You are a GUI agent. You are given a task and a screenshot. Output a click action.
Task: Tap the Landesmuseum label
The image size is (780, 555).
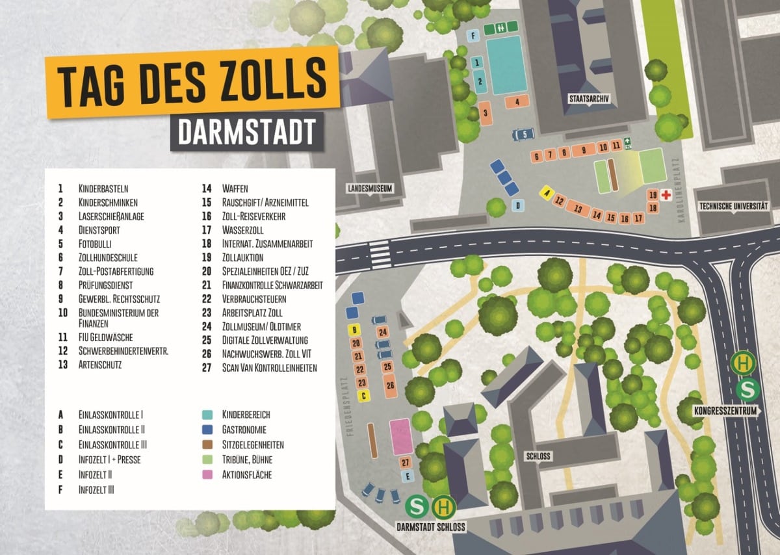pos(369,188)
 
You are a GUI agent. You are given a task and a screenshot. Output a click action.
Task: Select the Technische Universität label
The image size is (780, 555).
pos(733,206)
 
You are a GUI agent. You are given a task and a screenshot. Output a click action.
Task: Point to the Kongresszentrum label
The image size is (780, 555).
pos(726,411)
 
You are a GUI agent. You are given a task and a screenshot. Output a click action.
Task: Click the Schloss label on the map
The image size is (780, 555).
pos(538,456)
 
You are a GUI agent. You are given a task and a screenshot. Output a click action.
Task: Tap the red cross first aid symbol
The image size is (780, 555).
pos(666,194)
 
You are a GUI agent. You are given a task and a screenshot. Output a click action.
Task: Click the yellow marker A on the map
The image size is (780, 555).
pos(547,193)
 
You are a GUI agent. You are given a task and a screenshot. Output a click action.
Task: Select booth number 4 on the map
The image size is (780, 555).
pos(517,102)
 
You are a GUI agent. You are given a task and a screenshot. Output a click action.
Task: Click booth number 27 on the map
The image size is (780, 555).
pos(405,462)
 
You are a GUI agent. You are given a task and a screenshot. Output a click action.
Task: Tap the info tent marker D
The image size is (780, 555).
pos(518,205)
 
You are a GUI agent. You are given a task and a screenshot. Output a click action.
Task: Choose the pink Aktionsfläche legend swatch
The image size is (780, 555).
pos(209,475)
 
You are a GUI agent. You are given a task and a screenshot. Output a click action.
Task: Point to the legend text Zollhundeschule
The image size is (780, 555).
pos(108,257)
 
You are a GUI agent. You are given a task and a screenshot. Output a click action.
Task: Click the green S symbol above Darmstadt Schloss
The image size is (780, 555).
pos(417,507)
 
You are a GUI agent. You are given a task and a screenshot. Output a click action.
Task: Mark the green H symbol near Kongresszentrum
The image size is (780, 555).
pos(743,363)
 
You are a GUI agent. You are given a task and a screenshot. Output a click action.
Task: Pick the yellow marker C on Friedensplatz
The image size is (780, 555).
pos(365,395)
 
